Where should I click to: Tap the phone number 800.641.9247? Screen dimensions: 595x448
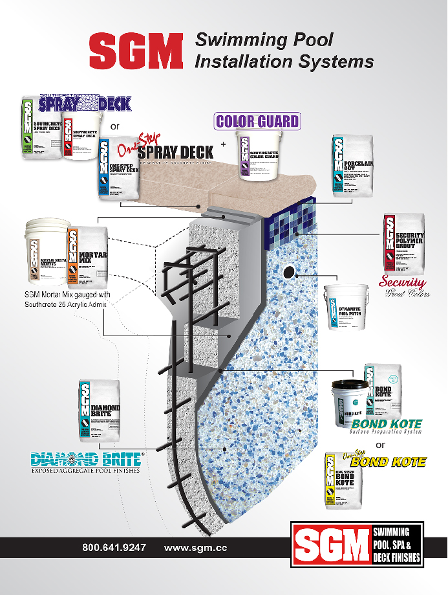(114, 547)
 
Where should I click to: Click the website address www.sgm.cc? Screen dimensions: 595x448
(196, 547)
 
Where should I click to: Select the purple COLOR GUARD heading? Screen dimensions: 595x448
(257, 120)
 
